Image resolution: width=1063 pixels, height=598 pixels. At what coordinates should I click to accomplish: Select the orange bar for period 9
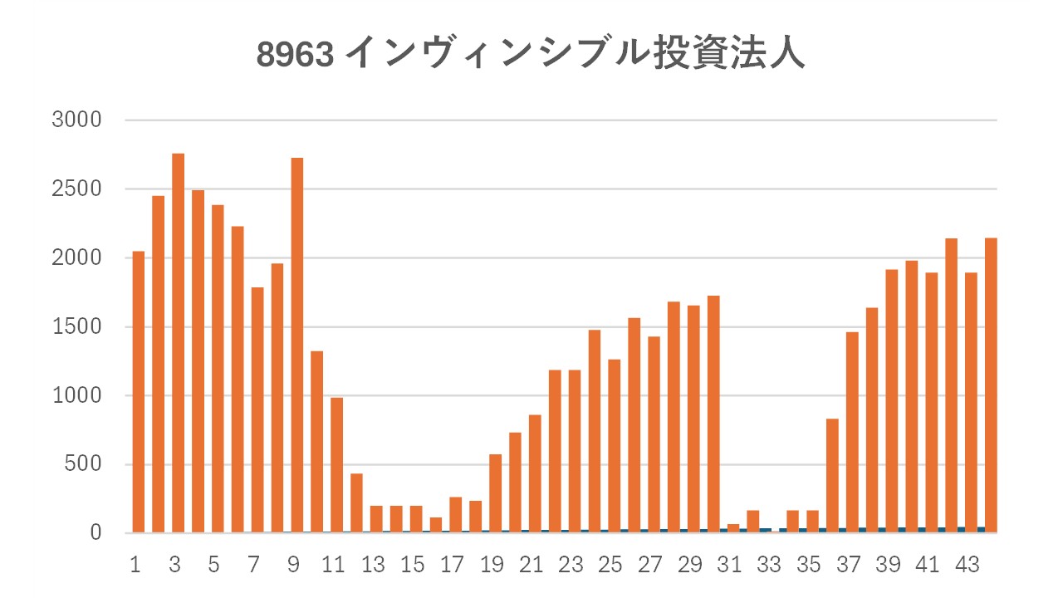pos(296,345)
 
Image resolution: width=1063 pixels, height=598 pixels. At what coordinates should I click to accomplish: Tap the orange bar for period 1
pos(139,391)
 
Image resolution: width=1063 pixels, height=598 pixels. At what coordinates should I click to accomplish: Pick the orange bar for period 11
pos(336,465)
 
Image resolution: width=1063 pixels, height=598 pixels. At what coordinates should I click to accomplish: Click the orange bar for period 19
pos(495,493)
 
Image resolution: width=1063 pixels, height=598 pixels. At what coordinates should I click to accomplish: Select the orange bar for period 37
pos(852,432)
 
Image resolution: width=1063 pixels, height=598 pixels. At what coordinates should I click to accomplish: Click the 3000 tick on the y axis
pos(76,120)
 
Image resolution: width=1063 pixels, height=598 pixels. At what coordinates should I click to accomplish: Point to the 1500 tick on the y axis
pos(76,327)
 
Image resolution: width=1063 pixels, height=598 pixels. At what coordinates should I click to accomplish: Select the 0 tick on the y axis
pos(96,533)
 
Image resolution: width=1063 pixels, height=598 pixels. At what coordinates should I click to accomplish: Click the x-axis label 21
pos(531,566)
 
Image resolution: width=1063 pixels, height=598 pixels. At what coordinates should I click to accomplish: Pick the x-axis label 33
pos(769,566)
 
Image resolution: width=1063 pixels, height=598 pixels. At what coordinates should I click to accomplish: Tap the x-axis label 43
pos(967,566)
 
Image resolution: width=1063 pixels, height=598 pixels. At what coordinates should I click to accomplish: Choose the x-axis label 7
pos(253,566)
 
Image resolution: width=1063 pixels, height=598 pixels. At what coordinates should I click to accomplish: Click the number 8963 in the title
pos(295,55)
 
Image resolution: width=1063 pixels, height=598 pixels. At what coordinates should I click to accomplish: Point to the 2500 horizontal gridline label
pos(76,189)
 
